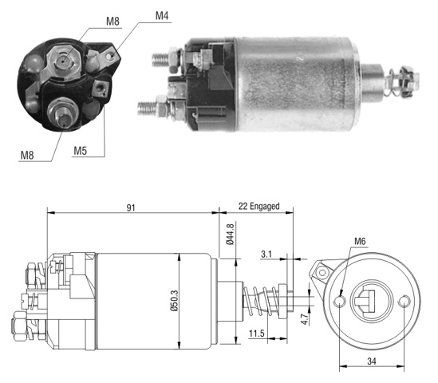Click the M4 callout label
click(162, 16)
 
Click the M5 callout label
click(80, 151)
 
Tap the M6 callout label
click(360, 241)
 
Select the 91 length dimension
click(131, 207)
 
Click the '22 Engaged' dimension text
click(258, 207)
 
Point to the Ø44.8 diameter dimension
click(231, 233)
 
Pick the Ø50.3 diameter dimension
click(174, 301)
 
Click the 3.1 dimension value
click(266, 255)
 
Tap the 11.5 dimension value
click(257, 334)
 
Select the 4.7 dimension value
click(305, 318)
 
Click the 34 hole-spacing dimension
click(372, 361)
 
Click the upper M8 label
click(112, 22)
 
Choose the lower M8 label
click(27, 156)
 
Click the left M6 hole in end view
click(340, 301)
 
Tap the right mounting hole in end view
click(404, 302)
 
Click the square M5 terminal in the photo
click(100, 89)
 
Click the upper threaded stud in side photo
click(161, 59)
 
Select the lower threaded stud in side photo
click(148, 108)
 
